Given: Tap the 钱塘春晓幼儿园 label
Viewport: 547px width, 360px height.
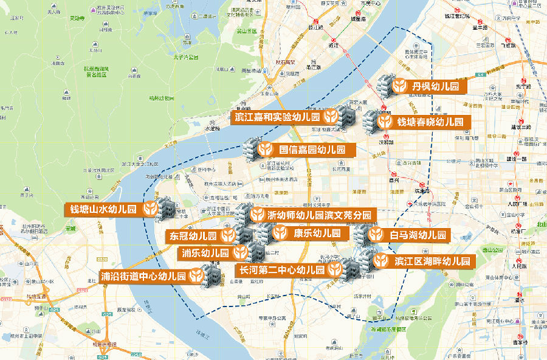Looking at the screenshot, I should click(430, 122).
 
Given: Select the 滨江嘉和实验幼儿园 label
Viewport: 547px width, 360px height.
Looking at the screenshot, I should click(277, 117).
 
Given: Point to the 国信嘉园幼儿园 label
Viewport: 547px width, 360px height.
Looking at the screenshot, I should click(312, 149).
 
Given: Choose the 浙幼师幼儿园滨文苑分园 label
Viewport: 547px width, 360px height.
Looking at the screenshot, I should click(319, 215).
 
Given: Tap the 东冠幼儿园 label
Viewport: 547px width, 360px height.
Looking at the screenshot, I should click(193, 236).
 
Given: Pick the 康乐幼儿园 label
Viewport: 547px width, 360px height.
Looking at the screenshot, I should click(312, 233).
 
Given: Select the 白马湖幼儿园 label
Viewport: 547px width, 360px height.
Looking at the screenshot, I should click(418, 234).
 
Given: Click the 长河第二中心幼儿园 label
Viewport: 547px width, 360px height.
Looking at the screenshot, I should click(281, 269).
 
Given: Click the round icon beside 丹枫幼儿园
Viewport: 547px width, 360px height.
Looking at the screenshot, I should click(399, 86).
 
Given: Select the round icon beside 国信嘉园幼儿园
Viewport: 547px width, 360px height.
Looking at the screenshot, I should click(266, 149).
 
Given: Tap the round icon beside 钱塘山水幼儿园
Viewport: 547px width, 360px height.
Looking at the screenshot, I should click(149, 210).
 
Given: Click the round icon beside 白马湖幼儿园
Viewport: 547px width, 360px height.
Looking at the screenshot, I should click(376, 234).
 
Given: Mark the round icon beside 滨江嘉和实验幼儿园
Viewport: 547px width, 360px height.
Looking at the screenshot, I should click(331, 117).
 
